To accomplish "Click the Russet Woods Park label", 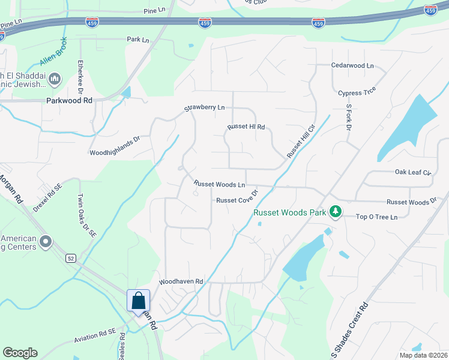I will [289, 212].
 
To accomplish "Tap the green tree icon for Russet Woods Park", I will [336, 212].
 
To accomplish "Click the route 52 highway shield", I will [71, 258].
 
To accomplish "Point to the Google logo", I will [20, 352].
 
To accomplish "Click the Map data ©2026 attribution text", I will [423, 355].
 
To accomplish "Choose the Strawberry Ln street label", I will [204, 108].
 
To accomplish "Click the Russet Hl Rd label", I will [246, 127].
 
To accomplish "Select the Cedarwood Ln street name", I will [352, 65].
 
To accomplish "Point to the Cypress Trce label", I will [357, 93].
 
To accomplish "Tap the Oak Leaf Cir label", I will [413, 172].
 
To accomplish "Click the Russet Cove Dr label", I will [237, 200].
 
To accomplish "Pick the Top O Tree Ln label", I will [377, 217].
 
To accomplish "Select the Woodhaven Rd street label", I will [181, 281].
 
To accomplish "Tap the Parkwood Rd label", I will [69, 101].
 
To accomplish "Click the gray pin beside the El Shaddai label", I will [55, 78].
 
